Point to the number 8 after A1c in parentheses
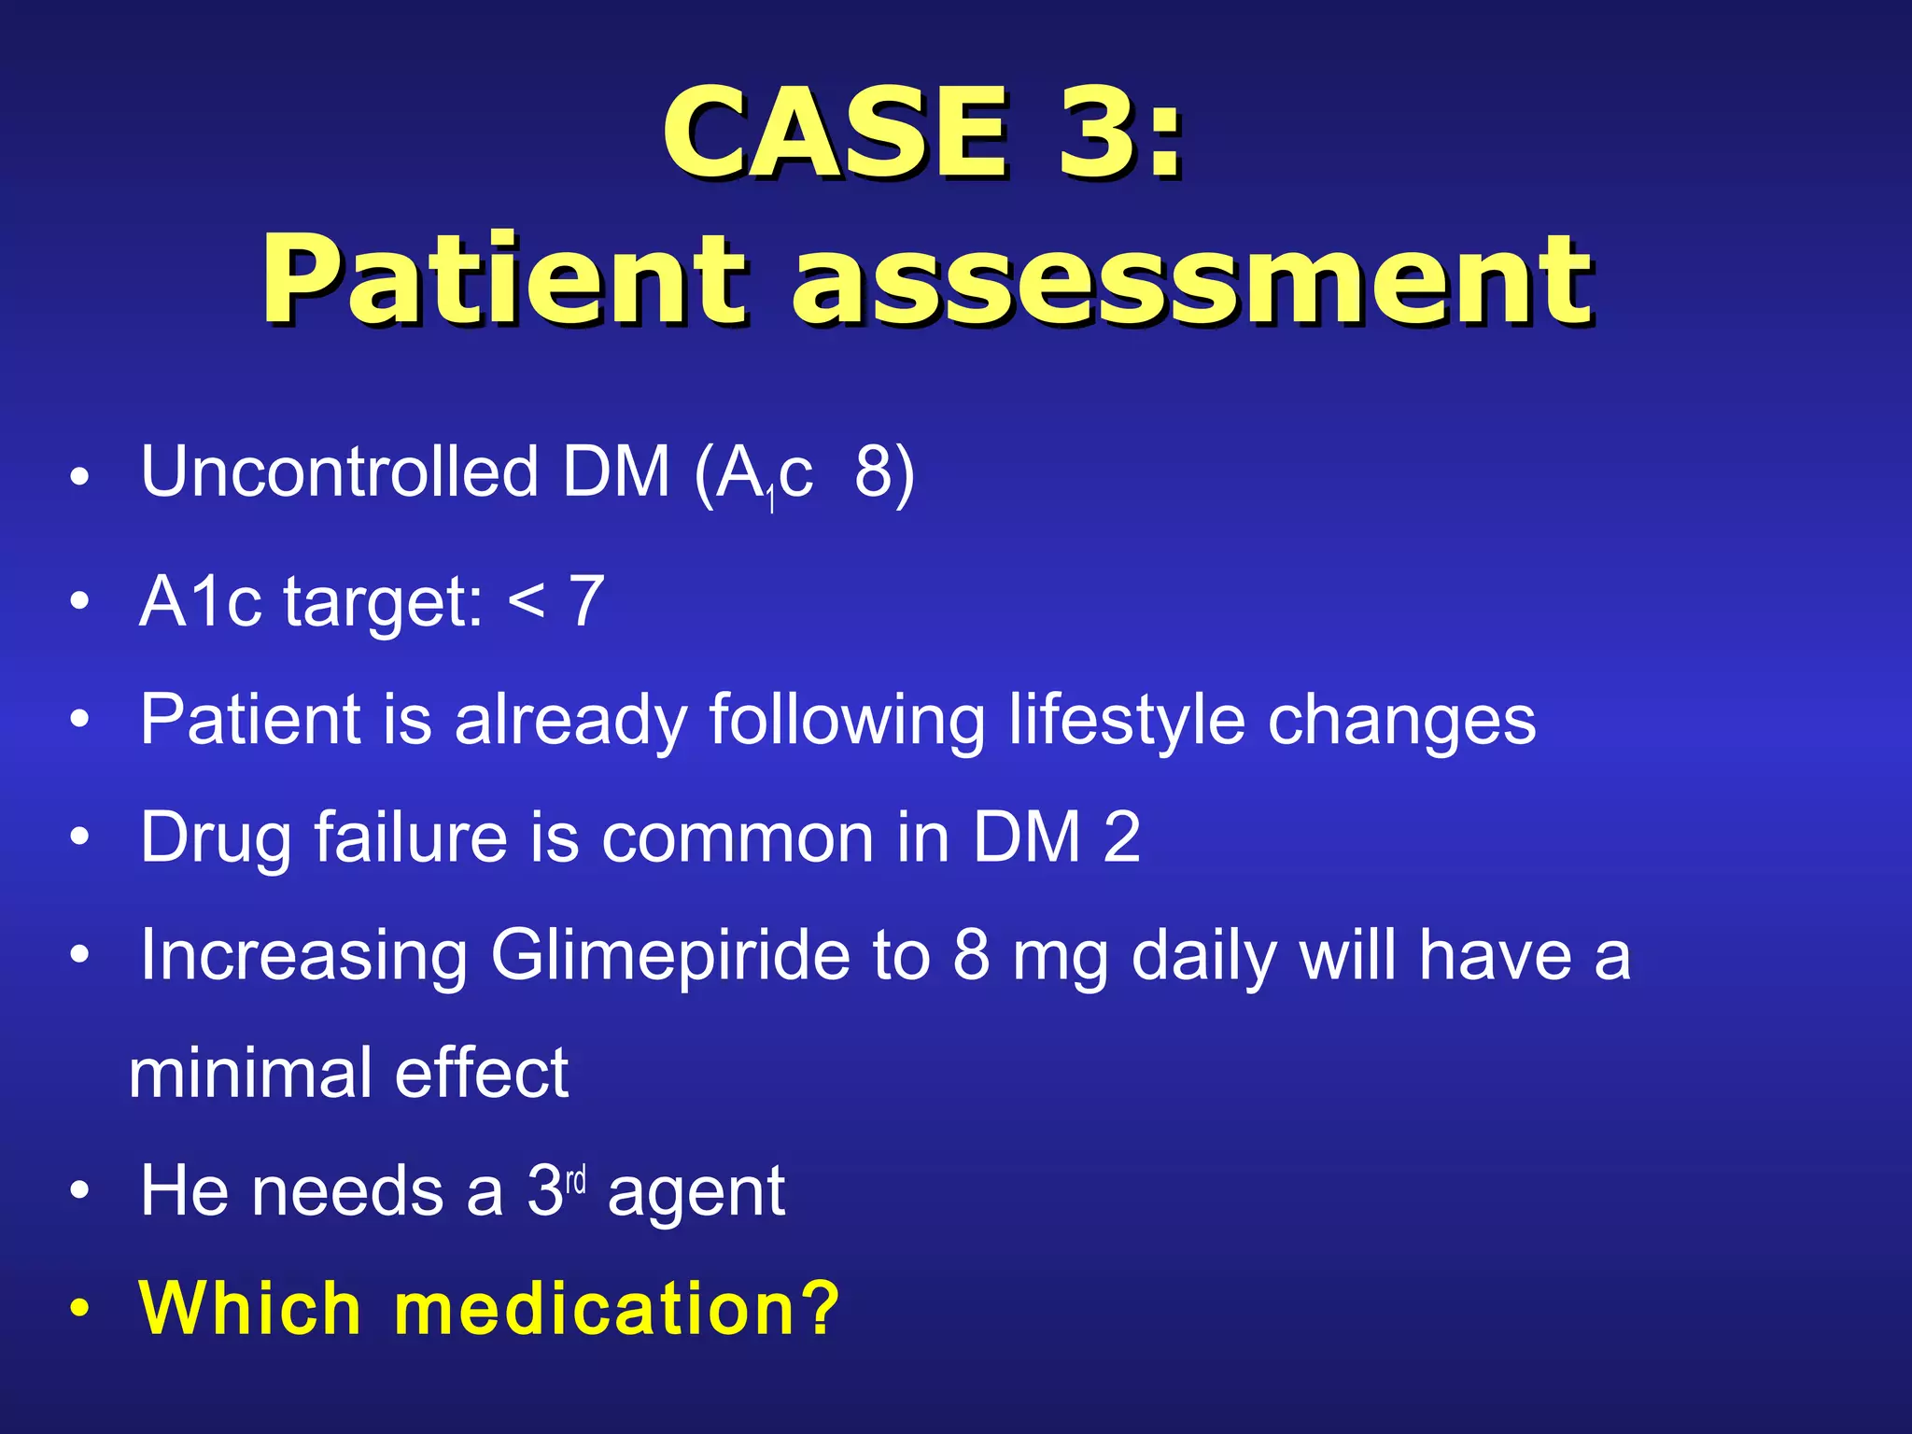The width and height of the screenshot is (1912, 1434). [x=874, y=471]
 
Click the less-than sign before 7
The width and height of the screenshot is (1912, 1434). [x=527, y=602]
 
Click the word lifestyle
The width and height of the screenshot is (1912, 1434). [x=1127, y=721]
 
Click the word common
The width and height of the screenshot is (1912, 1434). [x=738, y=838]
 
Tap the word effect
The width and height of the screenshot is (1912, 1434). [x=482, y=1074]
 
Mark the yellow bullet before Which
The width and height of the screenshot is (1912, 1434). [x=81, y=1309]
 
